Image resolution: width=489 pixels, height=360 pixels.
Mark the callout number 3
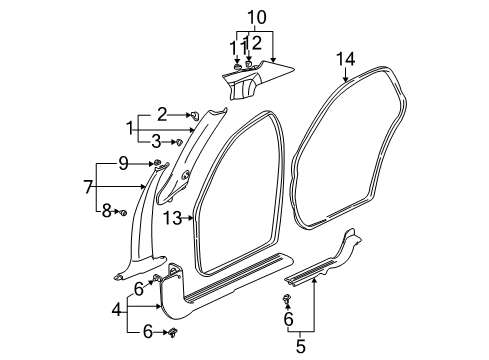point(160,142)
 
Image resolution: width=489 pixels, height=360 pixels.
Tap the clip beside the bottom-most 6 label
point(176,329)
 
